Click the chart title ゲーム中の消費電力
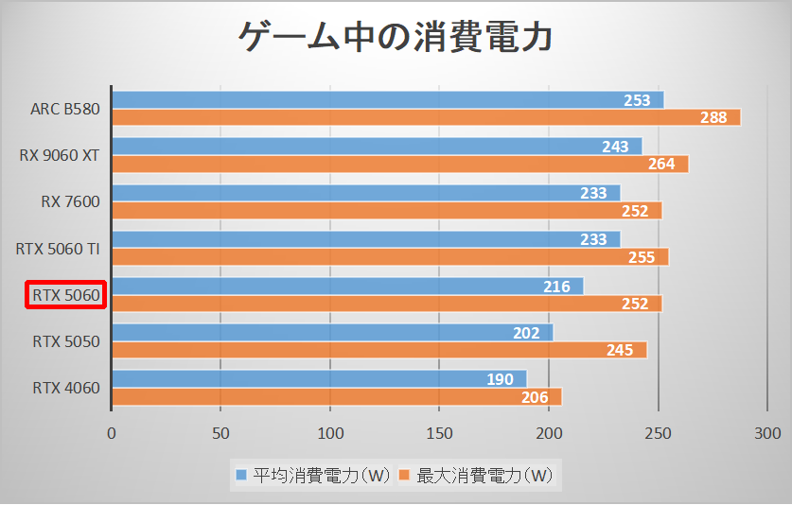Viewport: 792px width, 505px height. pos(395,39)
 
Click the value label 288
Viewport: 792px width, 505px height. pos(713,117)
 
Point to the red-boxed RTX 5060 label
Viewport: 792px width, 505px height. pos(65,295)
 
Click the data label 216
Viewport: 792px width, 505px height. pos(556,286)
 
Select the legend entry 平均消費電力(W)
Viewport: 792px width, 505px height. pos(308,473)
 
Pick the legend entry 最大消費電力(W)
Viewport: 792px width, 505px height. pos(478,473)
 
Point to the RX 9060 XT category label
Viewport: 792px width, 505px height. pos(59,154)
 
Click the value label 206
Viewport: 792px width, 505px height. pos(535,397)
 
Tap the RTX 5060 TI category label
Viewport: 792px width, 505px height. pos(58,249)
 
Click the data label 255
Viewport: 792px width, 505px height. pos(642,257)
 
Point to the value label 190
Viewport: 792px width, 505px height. pos(500,378)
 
